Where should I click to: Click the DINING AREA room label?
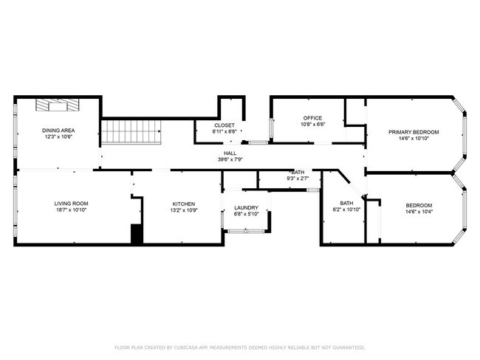coord(58,131)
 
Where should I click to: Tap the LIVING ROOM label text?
coord(71,204)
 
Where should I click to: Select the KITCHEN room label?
coord(184,204)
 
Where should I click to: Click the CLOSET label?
coord(224,125)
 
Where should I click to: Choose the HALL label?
coord(230,153)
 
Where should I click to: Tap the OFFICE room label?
coord(313,118)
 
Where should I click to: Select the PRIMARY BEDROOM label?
coord(414,132)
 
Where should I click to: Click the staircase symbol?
coord(131,133)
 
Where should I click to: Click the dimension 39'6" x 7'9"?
coord(230,159)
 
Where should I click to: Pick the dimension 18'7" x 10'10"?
coord(71,210)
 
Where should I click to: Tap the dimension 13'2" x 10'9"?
coord(184,210)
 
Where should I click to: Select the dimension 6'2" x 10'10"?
coord(346,210)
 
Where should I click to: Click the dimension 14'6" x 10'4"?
coord(419,212)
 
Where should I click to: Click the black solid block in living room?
coord(136,235)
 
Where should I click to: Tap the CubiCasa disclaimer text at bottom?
coord(239,347)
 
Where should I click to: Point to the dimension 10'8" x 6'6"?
coord(313,125)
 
